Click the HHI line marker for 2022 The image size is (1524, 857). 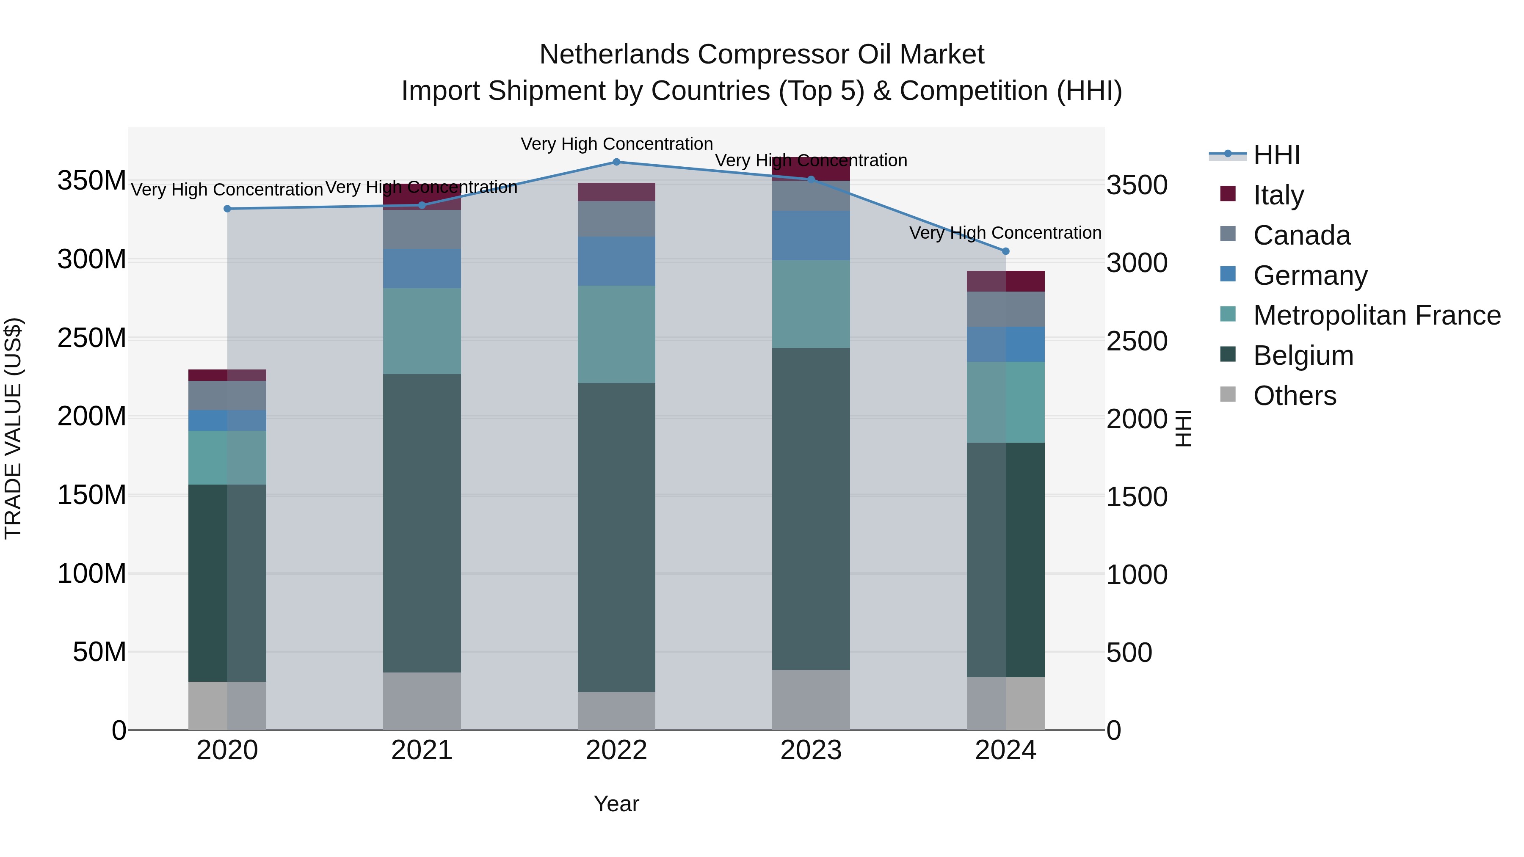(x=616, y=162)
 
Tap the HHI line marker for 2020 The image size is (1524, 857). (x=227, y=209)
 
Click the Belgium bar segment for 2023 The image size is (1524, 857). (x=811, y=509)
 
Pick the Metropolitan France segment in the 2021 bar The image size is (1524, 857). (x=422, y=331)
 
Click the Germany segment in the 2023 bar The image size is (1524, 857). (x=811, y=235)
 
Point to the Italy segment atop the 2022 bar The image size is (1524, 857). (x=616, y=192)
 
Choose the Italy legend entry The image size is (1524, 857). (x=1278, y=195)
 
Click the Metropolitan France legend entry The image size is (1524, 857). (x=1376, y=315)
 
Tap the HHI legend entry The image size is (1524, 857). (x=1276, y=155)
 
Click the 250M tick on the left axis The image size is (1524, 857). (x=92, y=338)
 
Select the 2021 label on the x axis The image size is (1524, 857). (x=422, y=750)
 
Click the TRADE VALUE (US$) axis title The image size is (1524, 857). (x=13, y=428)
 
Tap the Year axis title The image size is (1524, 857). (x=616, y=804)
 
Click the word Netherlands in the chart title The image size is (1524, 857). (x=615, y=55)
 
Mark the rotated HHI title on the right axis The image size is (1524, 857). (x=1183, y=428)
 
